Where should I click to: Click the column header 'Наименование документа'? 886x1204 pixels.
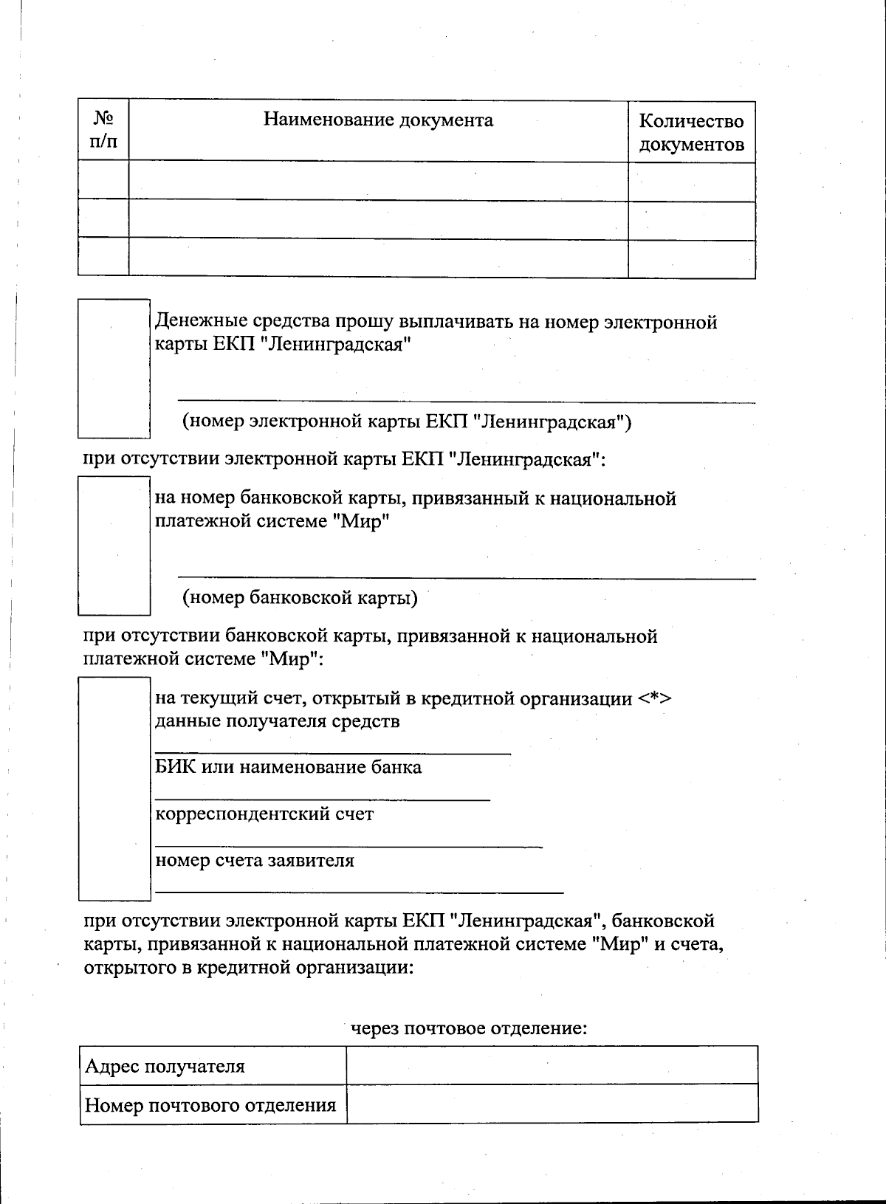coord(378,120)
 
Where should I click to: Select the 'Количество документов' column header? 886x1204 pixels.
coord(691,132)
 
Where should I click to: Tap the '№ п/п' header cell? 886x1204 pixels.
coord(103,130)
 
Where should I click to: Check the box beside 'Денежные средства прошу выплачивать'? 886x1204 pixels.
coord(114,368)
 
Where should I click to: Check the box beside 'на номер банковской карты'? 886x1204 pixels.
coord(114,546)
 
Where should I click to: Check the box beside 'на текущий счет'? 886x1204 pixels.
coord(114,788)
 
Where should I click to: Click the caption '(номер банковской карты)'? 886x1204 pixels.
coord(300,597)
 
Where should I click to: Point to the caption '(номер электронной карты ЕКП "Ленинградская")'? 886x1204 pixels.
coord(407,422)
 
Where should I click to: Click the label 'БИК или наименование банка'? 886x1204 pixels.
coord(288,767)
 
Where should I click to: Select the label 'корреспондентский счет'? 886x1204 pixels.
coord(264,814)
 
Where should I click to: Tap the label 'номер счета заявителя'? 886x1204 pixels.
coord(254,860)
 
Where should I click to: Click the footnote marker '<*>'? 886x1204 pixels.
coord(655,698)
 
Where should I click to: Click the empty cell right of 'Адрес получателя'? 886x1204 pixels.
coord(552,1065)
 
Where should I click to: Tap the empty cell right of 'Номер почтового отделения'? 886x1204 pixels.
coord(552,1104)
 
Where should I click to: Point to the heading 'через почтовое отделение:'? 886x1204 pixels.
coord(468,1028)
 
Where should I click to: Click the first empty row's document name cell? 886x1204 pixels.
coord(378,180)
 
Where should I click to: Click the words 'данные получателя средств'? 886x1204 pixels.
coord(277,721)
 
